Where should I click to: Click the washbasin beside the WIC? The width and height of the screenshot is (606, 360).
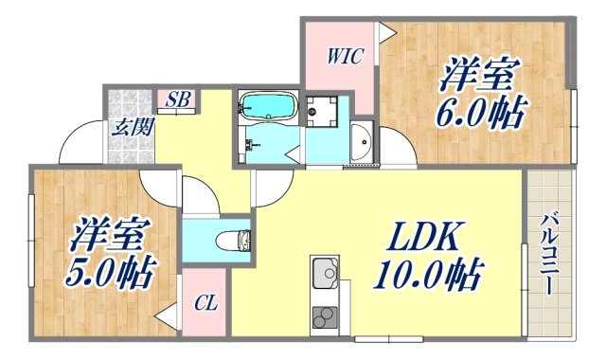pos(362,143)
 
